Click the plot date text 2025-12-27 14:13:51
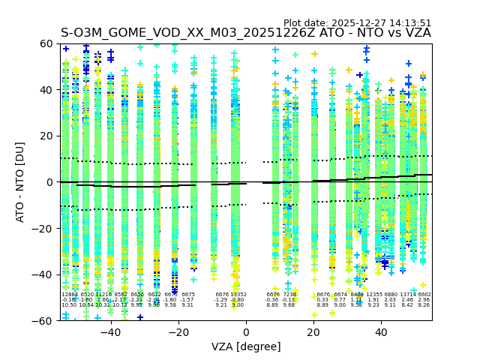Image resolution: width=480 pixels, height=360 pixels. pyautogui.click(x=357, y=23)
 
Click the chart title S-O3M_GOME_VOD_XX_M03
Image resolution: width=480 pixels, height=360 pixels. pyautogui.click(x=246, y=33)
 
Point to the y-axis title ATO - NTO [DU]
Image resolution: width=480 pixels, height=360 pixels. pyautogui.click(x=21, y=182)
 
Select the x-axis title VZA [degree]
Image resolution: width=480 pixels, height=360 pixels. pyautogui.click(x=246, y=346)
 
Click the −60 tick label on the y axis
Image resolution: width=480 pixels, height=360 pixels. pyautogui.click(x=44, y=320)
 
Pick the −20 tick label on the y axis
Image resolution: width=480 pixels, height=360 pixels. pyautogui.click(x=44, y=228)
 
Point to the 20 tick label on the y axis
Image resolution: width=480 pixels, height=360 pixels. pyautogui.click(x=47, y=136)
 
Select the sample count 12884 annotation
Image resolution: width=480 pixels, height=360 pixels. pyautogui.click(x=69, y=295)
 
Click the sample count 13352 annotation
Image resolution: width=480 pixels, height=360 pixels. pyautogui.click(x=238, y=295)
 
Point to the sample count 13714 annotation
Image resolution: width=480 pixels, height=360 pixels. pyautogui.click(x=407, y=295)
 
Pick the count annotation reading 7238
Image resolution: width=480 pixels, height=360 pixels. pyautogui.click(x=289, y=295)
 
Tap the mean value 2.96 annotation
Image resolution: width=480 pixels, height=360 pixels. pyautogui.click(x=424, y=300)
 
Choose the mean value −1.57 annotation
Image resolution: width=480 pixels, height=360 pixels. pyautogui.click(x=187, y=300)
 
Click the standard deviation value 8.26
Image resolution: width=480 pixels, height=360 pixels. pyautogui.click(x=424, y=305)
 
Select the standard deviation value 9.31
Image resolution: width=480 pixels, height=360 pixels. pyautogui.click(x=187, y=305)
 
